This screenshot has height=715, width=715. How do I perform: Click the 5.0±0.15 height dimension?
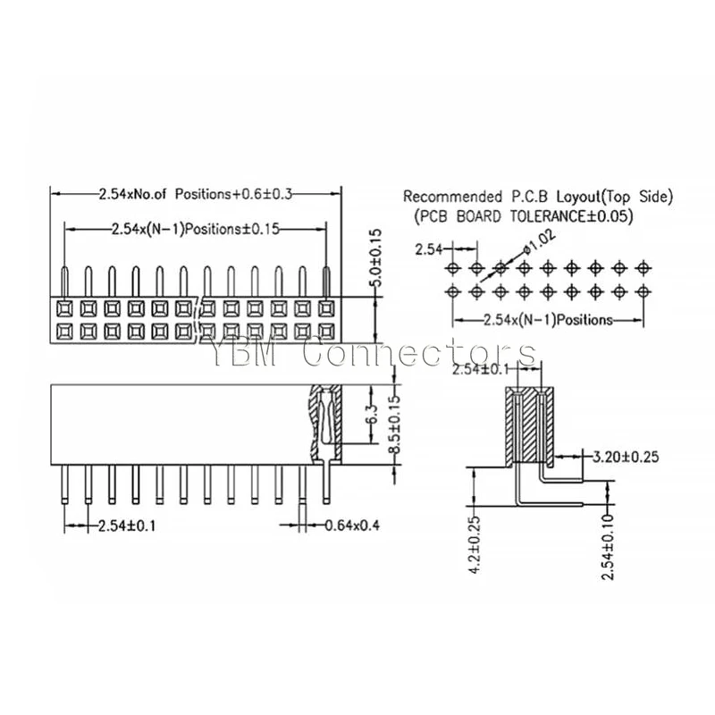coord(376,257)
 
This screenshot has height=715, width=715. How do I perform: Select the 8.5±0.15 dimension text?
coord(394,425)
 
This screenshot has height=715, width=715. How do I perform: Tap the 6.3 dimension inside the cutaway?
coord(372,414)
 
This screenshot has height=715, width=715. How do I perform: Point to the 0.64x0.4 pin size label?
coord(352,526)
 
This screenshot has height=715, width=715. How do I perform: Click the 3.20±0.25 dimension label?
coord(625,457)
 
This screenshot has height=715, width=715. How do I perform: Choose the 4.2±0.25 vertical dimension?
coord(475,545)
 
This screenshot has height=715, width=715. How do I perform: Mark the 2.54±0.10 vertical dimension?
coord(607,546)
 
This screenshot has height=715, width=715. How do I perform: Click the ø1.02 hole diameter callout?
coord(541,242)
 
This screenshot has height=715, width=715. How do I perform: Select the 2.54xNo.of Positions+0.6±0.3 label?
coord(196,194)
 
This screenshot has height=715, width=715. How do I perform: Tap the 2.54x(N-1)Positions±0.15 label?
coord(196,229)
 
